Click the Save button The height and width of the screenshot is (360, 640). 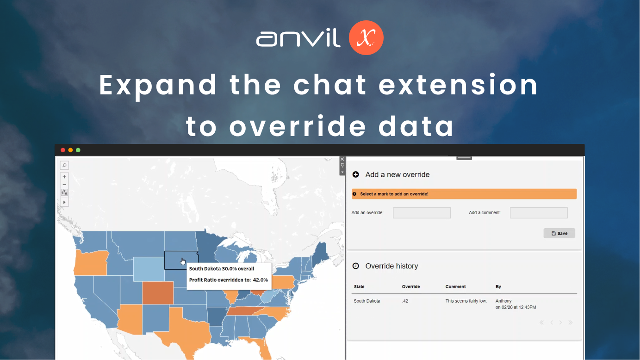click(559, 233)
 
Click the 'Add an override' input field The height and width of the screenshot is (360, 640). click(422, 213)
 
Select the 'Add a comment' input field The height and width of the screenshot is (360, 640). click(539, 213)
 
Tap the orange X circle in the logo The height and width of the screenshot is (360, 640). click(366, 38)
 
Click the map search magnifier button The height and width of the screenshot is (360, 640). click(64, 165)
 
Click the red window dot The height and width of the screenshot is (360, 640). click(63, 150)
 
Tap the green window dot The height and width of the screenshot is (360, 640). click(78, 150)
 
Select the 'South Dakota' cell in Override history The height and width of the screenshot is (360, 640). click(367, 301)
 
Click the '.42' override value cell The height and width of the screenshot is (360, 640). click(405, 301)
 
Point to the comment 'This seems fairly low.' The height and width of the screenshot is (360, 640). click(466, 301)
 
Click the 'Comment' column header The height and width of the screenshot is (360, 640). click(455, 287)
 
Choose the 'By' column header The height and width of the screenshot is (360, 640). click(498, 287)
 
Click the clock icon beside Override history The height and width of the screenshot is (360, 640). click(356, 266)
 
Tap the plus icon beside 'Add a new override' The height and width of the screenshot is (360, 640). click(356, 174)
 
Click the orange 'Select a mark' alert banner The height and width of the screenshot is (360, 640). click(464, 194)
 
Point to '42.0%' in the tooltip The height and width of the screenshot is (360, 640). click(261, 279)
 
